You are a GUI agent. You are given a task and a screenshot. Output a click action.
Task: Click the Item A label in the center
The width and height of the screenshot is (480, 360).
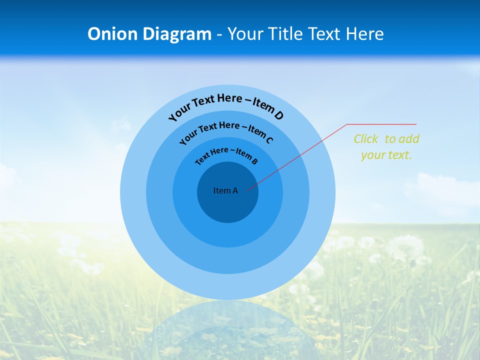(x=225, y=190)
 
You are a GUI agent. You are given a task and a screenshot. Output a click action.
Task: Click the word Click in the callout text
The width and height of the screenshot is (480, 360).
(x=366, y=139)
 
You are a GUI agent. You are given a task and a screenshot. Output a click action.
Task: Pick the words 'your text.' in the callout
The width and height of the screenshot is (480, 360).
(x=386, y=155)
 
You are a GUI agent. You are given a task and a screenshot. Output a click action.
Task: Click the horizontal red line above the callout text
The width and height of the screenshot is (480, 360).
(x=381, y=124)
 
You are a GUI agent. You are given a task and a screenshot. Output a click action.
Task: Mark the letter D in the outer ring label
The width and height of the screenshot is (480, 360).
(x=279, y=115)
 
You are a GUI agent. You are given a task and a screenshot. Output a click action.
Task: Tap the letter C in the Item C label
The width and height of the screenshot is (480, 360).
(x=269, y=140)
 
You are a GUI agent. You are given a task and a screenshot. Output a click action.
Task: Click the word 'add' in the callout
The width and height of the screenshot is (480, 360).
(x=409, y=139)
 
